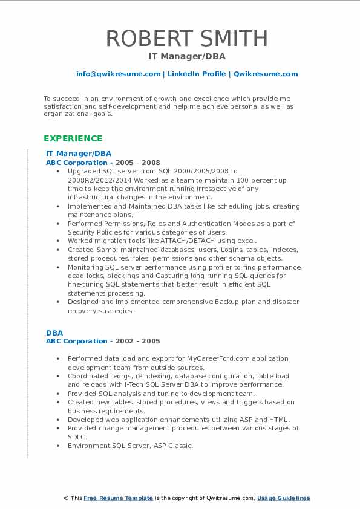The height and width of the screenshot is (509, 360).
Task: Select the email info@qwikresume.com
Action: pos(118,74)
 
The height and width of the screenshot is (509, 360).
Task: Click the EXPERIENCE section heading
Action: pos(73,138)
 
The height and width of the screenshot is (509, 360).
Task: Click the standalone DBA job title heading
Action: pos(54,332)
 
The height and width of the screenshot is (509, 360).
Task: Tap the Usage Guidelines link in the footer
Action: pos(283,498)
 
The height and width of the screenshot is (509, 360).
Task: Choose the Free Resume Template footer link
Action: pos(119,498)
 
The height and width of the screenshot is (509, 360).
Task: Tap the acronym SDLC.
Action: pos(77,436)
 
